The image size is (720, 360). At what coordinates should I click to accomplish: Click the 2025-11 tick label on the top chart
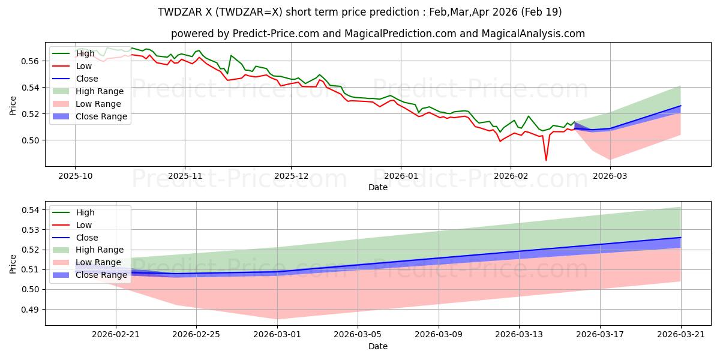[x=185, y=176]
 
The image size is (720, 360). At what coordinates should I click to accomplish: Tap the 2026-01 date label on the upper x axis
[x=401, y=176]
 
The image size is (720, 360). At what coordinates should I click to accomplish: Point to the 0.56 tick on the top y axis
[x=29, y=61]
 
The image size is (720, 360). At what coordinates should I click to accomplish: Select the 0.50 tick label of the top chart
[x=29, y=140]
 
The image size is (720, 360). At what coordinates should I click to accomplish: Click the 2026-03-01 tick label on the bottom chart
[x=277, y=335]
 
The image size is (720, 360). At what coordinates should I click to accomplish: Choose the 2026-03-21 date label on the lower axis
[x=681, y=335]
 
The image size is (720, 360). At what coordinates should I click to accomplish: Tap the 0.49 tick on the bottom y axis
[x=29, y=310]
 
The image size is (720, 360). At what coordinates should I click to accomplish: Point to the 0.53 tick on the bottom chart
[x=29, y=230]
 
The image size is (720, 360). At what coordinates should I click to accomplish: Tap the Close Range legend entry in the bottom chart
[x=89, y=275]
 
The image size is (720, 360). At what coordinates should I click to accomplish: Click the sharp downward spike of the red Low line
[x=546, y=160]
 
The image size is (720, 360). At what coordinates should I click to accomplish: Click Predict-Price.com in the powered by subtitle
[x=276, y=34]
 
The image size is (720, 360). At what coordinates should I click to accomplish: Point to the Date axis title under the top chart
[x=378, y=187]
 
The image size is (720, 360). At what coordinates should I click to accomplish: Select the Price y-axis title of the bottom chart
[x=13, y=264]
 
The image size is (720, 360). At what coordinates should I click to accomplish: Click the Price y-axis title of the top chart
[x=13, y=106]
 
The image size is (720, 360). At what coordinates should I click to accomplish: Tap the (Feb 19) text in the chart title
[x=541, y=12]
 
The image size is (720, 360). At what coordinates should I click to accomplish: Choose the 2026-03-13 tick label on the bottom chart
[x=519, y=335]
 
